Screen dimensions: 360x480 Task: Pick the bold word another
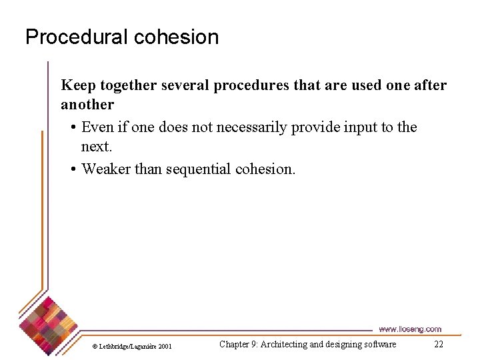coord(87,105)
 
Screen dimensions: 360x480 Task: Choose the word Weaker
coord(106,169)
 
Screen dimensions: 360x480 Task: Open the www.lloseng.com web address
coord(409,329)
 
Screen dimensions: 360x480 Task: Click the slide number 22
coord(438,344)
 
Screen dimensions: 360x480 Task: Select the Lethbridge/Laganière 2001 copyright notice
coord(131,346)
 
